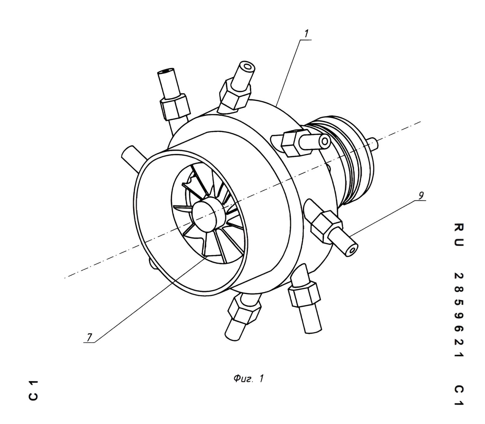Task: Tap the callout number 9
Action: point(421,195)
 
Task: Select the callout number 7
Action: point(89,337)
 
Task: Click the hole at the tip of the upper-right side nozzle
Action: point(325,142)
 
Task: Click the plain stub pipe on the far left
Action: point(133,158)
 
